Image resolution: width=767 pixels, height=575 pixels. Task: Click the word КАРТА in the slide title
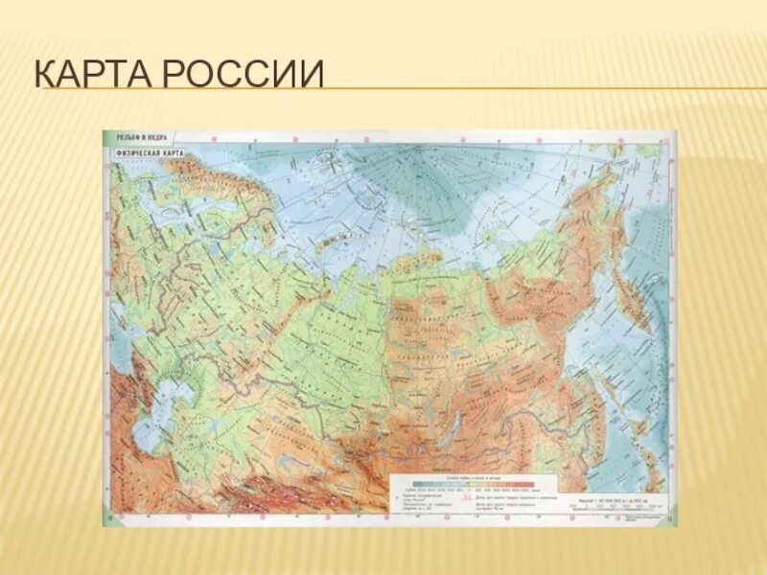click(x=91, y=74)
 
